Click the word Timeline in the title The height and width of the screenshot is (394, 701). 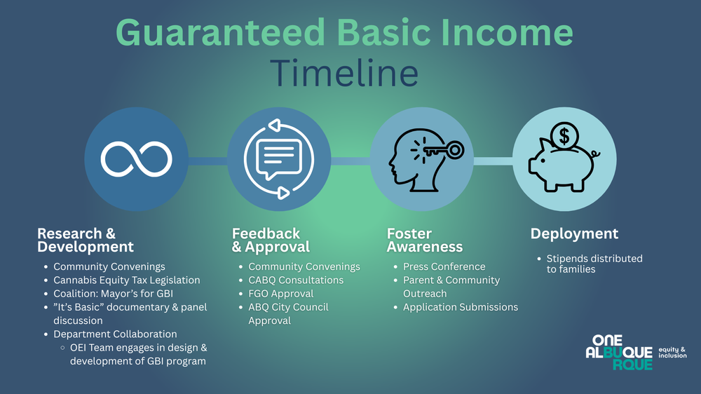(344, 73)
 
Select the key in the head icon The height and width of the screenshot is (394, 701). (442, 150)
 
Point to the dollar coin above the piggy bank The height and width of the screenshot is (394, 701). (564, 136)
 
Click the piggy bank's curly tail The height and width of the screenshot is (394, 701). (595, 155)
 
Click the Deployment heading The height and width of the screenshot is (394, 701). (574, 233)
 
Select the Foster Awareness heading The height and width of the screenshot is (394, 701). (424, 240)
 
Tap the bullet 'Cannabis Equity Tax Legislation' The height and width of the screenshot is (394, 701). (126, 280)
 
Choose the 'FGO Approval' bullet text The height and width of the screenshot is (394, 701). (281, 293)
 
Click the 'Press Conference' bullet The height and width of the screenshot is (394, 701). (444, 266)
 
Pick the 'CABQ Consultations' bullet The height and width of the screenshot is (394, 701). (296, 280)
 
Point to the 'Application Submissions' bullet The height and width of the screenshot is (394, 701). (461, 307)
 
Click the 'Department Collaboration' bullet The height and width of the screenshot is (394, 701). (115, 334)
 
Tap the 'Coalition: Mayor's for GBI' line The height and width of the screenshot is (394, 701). (113, 293)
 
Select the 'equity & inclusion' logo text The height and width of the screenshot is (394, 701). (672, 353)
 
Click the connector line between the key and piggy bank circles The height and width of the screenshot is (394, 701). (493, 161)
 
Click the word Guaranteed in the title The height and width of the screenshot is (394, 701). (220, 32)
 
